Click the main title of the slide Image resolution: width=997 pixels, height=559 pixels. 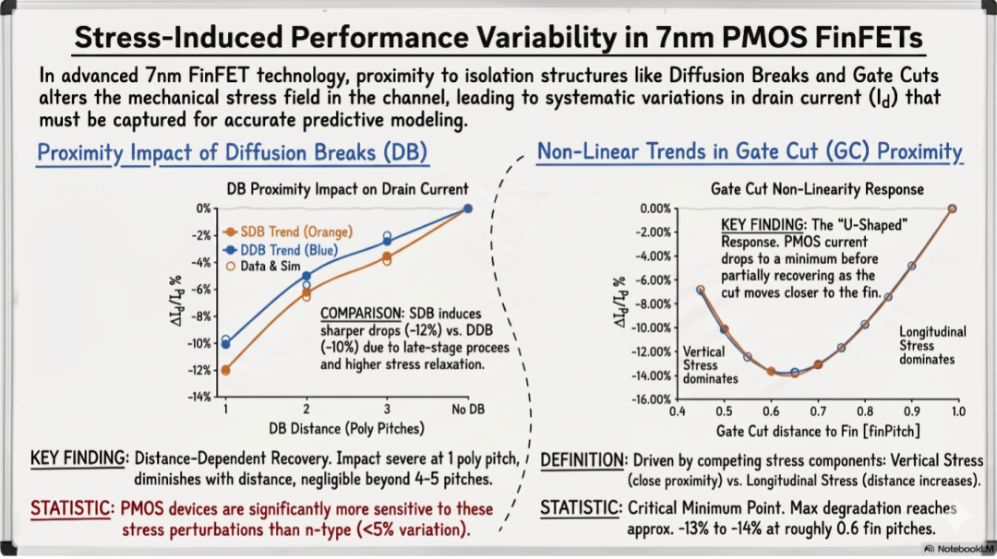coord(498,37)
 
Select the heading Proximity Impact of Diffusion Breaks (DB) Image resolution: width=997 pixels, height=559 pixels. coord(232,152)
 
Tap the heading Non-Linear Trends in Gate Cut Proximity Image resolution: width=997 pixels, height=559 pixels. coord(750,152)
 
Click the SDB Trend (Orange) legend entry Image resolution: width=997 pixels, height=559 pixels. coord(288,232)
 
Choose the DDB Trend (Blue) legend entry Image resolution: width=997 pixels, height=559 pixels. coord(282,250)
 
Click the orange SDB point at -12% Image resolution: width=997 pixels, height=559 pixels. coord(226,370)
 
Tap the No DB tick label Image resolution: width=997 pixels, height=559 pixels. coord(468,409)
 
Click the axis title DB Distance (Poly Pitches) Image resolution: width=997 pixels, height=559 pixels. coord(346,429)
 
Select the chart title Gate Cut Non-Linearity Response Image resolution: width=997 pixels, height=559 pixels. coord(817,189)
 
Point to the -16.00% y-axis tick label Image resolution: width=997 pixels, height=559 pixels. coord(651,399)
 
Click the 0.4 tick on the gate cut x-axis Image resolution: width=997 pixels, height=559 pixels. coord(678,411)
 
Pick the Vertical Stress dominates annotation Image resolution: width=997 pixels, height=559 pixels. coord(710,365)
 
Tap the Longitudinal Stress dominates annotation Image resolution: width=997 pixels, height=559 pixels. coord(932,346)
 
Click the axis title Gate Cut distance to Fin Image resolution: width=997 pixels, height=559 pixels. coord(818,432)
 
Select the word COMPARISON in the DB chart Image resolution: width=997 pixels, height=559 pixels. coord(361,314)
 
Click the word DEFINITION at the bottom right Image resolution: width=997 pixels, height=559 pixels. coord(583,460)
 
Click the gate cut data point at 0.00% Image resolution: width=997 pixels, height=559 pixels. coord(952,209)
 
